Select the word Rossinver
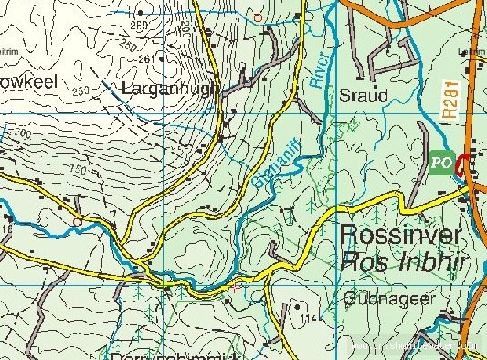(x=400, y=235)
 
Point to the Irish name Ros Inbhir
(x=398, y=264)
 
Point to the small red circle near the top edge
(x=258, y=17)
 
